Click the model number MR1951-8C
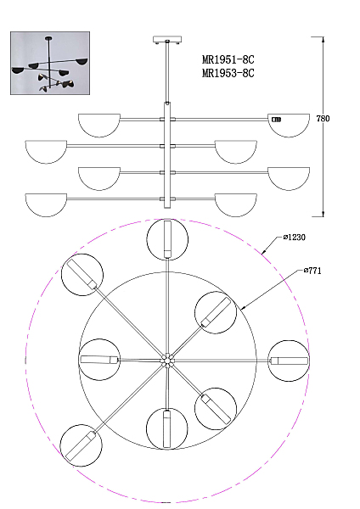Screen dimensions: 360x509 (x=228, y=59)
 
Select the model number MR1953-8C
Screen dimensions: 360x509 (x=228, y=73)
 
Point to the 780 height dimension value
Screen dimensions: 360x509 (x=323, y=119)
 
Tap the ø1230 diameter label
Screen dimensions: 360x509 (x=294, y=238)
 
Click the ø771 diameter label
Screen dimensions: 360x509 (x=312, y=271)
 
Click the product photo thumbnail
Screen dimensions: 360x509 (x=50, y=64)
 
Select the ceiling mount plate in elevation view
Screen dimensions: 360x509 (x=167, y=40)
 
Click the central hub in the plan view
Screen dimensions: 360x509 (x=167, y=361)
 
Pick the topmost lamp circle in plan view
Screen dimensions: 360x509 (x=167, y=239)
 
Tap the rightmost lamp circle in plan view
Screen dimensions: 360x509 (x=289, y=361)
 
